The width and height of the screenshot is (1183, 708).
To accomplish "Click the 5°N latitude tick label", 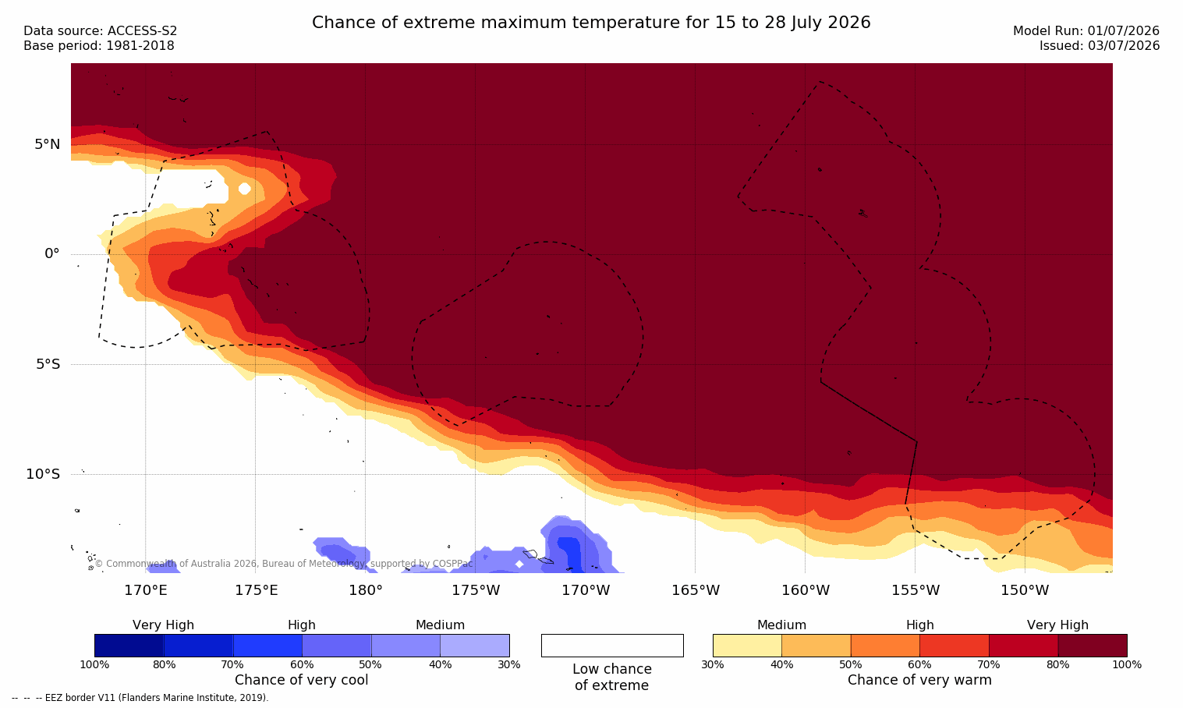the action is tap(48, 144).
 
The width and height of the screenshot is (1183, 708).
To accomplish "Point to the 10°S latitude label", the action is tap(44, 474).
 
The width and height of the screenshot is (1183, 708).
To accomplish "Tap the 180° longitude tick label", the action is tap(366, 590).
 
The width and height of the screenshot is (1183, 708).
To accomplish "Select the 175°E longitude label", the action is tap(256, 590).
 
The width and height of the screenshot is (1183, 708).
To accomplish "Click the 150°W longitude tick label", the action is tap(1025, 590).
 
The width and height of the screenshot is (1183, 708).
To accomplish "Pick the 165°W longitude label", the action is tap(696, 590).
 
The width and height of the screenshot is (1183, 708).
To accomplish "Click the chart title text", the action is tap(591, 23).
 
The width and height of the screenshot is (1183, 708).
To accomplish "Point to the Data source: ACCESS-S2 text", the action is tap(101, 31).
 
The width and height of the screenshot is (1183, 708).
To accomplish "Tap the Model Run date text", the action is tap(1086, 31).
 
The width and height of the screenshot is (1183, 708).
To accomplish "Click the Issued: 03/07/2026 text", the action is tap(1100, 46).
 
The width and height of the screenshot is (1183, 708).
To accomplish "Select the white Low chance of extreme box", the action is tap(612, 646).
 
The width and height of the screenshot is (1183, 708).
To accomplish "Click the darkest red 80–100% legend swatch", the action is tap(1093, 646).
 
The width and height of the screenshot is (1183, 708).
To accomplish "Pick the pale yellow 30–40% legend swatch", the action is tap(747, 646).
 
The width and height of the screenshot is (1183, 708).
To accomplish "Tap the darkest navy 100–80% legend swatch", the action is tap(129, 646).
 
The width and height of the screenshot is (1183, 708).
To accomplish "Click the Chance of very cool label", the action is tap(302, 680).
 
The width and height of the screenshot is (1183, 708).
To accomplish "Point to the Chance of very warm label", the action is tap(919, 680).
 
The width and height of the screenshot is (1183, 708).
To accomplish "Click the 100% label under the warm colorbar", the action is tap(1127, 664).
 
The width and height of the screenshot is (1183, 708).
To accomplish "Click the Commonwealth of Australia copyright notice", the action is tap(284, 564).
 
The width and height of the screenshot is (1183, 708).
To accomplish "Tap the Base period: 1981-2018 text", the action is tap(99, 46).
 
